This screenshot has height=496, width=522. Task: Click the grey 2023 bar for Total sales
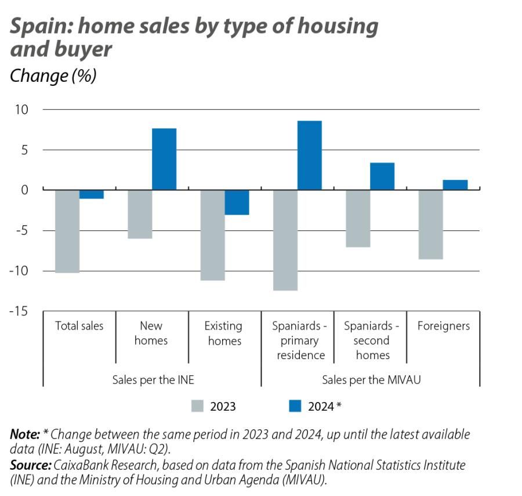click(x=67, y=231)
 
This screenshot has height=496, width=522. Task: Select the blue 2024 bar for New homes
click(x=164, y=159)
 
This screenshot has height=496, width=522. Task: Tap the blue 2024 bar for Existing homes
click(x=237, y=202)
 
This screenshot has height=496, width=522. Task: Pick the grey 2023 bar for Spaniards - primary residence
click(x=285, y=240)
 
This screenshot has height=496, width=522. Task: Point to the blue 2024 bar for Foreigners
click(x=455, y=185)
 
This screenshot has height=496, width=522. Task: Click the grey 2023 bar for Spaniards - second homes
click(x=358, y=218)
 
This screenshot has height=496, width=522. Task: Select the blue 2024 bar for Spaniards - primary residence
click(x=309, y=155)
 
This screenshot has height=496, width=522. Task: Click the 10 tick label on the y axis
click(x=22, y=110)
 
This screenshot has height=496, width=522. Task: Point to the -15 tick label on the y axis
click(x=19, y=312)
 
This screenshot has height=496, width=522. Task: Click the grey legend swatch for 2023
click(x=197, y=406)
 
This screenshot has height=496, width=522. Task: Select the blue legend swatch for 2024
click(x=295, y=406)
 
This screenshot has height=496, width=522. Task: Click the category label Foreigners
click(x=443, y=326)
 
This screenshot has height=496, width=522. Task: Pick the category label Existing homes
click(x=224, y=334)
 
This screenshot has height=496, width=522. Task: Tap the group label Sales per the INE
click(x=153, y=380)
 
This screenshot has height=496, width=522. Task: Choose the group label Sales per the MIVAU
click(x=371, y=380)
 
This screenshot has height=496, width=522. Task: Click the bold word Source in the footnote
click(x=30, y=465)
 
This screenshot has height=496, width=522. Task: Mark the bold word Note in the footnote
click(x=24, y=435)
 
